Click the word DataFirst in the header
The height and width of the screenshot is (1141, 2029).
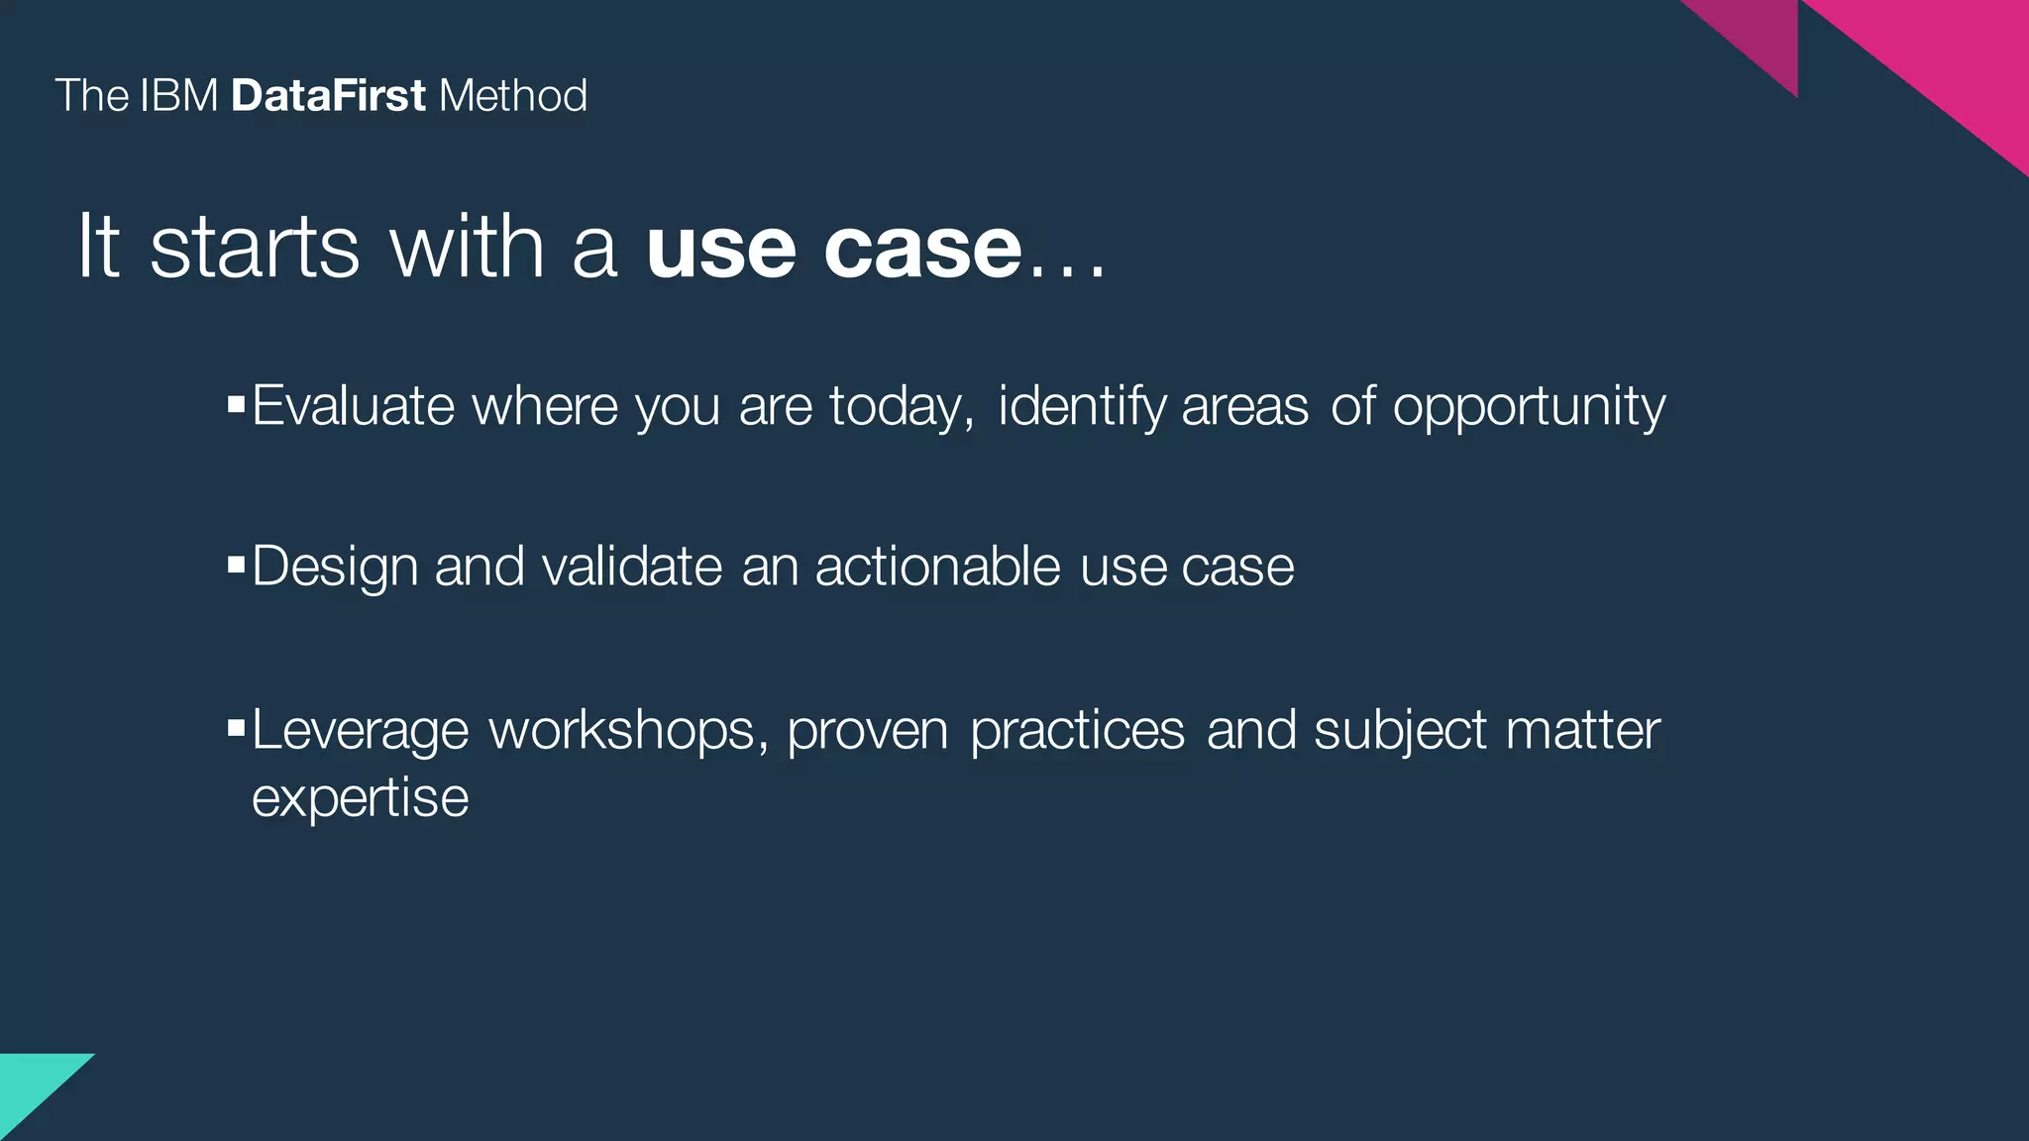(328, 96)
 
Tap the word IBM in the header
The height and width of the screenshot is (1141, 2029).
(178, 96)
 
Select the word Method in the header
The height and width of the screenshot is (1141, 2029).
(512, 96)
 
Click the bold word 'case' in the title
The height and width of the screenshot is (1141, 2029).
(922, 248)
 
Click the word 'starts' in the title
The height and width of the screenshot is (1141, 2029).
(255, 248)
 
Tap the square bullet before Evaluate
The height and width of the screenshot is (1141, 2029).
(236, 404)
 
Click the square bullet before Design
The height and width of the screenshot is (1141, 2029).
(236, 565)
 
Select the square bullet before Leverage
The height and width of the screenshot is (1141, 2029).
(236, 729)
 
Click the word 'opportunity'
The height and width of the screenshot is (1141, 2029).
(1529, 407)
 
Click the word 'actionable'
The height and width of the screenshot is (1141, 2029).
(937, 567)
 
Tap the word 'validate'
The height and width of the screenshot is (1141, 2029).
(632, 567)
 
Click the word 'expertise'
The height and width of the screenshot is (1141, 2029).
(360, 799)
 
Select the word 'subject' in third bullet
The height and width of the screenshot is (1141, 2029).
(1400, 732)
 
